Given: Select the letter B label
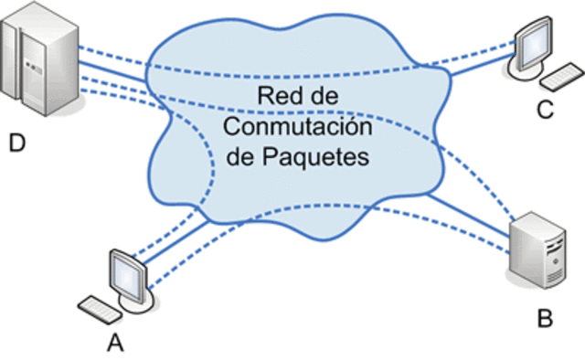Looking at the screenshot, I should (544, 319).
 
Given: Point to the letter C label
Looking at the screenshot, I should (545, 111).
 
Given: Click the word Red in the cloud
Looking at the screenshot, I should (277, 96).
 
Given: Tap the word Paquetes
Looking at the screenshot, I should (324, 156).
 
